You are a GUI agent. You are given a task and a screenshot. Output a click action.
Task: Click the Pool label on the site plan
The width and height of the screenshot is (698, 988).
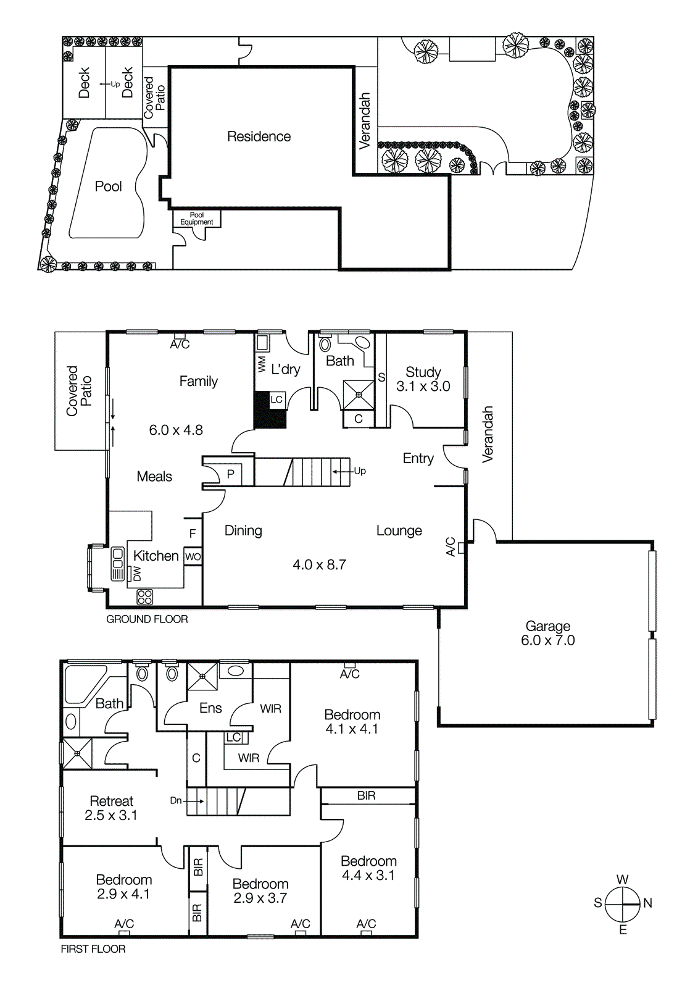(108, 186)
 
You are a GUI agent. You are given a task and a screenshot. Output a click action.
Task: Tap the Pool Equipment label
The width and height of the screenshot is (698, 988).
(196, 219)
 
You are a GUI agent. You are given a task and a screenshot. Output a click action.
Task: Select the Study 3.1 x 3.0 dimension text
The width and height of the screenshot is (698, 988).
(423, 387)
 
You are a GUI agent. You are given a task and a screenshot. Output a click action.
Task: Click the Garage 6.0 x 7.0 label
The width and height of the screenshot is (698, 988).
(547, 634)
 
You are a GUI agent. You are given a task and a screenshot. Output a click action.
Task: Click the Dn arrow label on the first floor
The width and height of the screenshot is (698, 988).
(186, 801)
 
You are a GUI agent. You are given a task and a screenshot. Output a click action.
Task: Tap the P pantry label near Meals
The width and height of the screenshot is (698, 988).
(230, 474)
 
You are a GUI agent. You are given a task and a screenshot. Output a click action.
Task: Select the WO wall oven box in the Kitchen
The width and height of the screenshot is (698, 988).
(193, 556)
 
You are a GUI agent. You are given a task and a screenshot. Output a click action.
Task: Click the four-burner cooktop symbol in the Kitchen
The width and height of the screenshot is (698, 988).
(144, 597)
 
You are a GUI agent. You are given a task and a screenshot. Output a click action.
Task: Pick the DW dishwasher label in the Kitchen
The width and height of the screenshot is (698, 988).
(137, 574)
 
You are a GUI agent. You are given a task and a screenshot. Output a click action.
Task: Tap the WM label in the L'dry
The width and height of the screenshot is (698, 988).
(262, 364)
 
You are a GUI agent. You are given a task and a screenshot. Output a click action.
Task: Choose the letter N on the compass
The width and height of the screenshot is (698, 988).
(647, 903)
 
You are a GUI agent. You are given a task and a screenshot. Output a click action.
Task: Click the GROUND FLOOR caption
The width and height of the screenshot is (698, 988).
(147, 619)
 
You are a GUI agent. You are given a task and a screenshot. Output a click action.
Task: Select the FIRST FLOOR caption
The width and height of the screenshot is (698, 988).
(93, 949)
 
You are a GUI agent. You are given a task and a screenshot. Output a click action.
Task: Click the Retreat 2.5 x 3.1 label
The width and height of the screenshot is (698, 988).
(111, 808)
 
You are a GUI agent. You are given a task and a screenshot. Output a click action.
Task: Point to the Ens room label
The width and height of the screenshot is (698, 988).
(210, 708)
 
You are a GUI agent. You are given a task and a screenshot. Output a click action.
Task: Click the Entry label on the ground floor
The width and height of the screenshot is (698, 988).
(418, 458)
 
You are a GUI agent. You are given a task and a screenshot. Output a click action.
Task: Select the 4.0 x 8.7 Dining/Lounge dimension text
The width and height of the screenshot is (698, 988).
(319, 565)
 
